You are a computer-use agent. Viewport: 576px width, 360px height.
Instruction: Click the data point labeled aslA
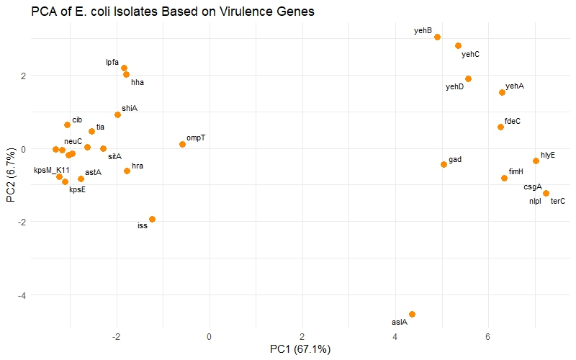click(412, 314)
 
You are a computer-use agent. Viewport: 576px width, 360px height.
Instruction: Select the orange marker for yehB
click(437, 37)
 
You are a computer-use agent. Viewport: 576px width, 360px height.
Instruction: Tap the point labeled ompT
click(182, 144)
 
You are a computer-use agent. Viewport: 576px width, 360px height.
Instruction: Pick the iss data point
click(152, 219)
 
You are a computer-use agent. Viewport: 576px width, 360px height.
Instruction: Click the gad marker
click(444, 164)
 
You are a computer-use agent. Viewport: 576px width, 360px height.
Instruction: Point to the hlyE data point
click(536, 161)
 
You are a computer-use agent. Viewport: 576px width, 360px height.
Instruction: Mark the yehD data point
click(468, 78)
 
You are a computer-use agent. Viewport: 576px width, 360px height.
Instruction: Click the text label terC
click(558, 202)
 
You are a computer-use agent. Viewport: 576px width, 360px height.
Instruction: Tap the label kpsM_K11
click(51, 171)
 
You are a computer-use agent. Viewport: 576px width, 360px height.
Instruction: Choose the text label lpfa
click(112, 62)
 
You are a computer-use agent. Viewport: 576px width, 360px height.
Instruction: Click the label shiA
click(130, 108)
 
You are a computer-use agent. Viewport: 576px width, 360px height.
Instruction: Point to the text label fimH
click(516, 171)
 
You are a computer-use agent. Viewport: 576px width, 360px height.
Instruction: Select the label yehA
click(515, 86)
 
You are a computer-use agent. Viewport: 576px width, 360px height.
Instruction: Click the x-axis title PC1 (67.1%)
click(300, 349)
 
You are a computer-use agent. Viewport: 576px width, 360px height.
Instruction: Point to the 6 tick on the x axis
click(488, 336)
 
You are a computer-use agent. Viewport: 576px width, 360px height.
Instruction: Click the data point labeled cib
click(67, 125)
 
